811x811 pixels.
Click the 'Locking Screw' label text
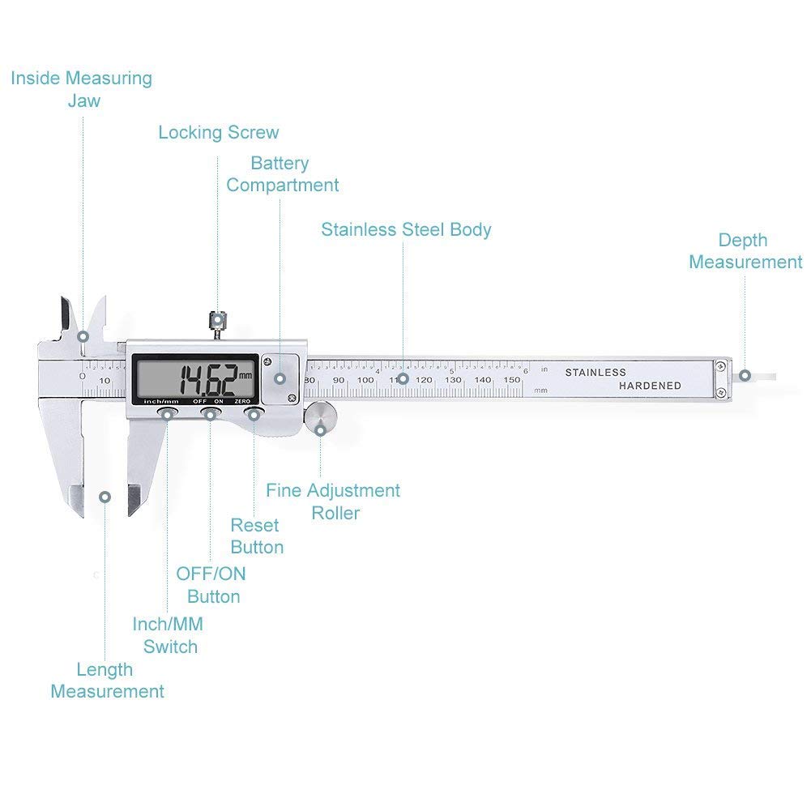pyautogui.click(x=218, y=132)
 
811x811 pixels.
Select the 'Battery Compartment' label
pyautogui.click(x=281, y=174)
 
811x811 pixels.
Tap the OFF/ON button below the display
pyautogui.click(x=210, y=415)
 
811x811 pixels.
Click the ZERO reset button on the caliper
pyautogui.click(x=254, y=415)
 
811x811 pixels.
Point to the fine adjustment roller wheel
pyautogui.click(x=320, y=420)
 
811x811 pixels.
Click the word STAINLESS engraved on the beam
pyautogui.click(x=595, y=373)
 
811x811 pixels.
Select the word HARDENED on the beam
pyautogui.click(x=650, y=386)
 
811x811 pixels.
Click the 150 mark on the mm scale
pyautogui.click(x=512, y=380)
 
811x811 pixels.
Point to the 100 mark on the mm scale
pyautogui.click(x=365, y=380)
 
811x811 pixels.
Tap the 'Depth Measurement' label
pyautogui.click(x=745, y=251)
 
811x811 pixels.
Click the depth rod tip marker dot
pyautogui.click(x=745, y=376)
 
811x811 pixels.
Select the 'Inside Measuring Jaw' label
pyautogui.click(x=81, y=89)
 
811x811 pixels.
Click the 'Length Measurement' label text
pyautogui.click(x=107, y=681)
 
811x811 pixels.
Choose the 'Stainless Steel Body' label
pyautogui.click(x=406, y=229)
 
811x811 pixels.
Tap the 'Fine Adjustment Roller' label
pyautogui.click(x=333, y=502)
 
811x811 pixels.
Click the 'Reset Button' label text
pyautogui.click(x=256, y=536)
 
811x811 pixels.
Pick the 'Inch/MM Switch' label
pyautogui.click(x=169, y=635)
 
